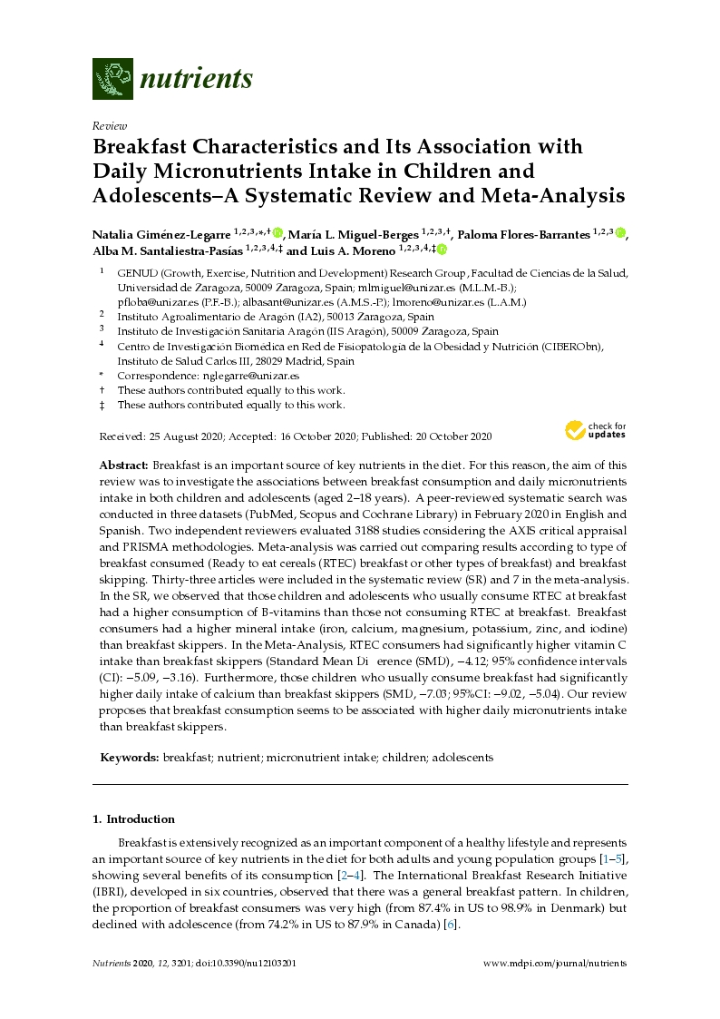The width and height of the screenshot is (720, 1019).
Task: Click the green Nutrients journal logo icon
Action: [x=113, y=78]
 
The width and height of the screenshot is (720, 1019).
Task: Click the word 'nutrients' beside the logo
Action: [x=196, y=79]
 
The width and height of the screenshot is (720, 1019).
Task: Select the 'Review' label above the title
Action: [x=110, y=126]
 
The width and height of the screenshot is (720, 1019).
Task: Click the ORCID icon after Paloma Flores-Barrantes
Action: [x=620, y=233]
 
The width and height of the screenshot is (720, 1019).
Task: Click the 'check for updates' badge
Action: [x=595, y=429]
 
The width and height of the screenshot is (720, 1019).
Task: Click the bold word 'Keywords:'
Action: [x=130, y=757]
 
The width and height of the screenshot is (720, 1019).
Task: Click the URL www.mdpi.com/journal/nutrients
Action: [x=555, y=964]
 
